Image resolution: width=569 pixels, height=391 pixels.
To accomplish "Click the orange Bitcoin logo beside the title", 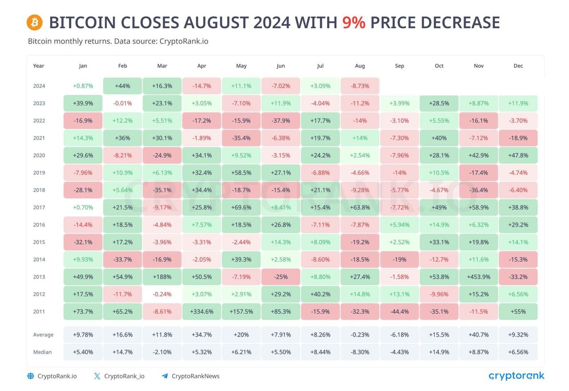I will pos(35,22).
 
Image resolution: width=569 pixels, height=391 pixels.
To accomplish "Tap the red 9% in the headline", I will pos(353,22).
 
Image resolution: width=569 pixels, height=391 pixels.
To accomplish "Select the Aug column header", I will pos(360,66).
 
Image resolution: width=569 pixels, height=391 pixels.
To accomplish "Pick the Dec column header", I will pos(518,66).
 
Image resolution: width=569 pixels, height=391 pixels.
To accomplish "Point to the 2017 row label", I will pos(39,207).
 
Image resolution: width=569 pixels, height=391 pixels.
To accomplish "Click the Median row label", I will pos(42,352).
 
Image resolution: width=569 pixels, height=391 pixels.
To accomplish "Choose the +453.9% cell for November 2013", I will pos(479,277).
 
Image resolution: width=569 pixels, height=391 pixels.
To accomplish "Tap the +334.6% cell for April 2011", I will pos(202,311).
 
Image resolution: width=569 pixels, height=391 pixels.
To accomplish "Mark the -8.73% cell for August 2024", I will pos(360,86).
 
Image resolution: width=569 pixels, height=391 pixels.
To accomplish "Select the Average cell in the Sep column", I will pos(400,335).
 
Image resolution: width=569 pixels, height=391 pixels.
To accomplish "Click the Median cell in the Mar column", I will pos(162,352).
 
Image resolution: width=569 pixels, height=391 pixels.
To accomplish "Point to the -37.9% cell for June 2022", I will pos(281,121).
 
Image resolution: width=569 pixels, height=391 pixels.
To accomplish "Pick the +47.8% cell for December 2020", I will pos(518,155).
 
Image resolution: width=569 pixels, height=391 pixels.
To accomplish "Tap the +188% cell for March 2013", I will pos(162,277).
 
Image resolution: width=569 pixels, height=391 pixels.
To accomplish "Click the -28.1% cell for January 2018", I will pos(83,190).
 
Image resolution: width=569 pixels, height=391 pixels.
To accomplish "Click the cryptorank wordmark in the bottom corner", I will pos(517,376).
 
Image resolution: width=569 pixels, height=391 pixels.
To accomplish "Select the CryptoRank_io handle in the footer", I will pos(124,376).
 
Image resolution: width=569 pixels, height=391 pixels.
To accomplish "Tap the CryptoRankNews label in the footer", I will pos(196,376).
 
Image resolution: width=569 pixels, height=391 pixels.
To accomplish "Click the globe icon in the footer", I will pos(31,376).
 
